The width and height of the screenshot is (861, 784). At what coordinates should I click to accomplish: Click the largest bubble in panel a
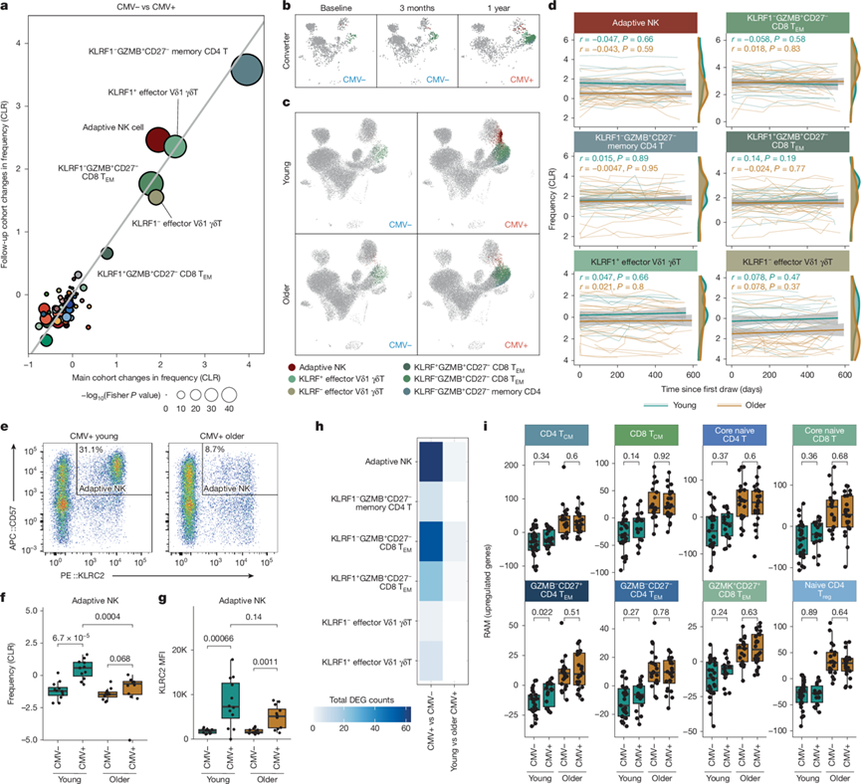click(246, 71)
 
